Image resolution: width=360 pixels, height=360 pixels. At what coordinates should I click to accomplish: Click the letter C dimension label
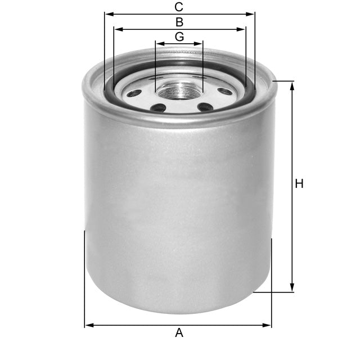[x=179, y=7]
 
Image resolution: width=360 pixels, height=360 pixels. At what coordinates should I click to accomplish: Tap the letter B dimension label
[x=179, y=22]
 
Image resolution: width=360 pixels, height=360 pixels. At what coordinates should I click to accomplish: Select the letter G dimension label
[x=179, y=37]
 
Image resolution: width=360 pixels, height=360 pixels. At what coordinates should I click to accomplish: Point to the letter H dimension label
[x=299, y=183]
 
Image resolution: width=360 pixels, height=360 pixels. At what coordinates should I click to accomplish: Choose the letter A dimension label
[x=179, y=333]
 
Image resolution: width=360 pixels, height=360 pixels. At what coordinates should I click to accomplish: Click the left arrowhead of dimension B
[x=117, y=29]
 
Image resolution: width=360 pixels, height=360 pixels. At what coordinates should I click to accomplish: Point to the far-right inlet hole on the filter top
[x=224, y=91]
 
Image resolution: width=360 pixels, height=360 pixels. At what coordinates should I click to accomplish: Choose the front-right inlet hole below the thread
[x=205, y=106]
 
